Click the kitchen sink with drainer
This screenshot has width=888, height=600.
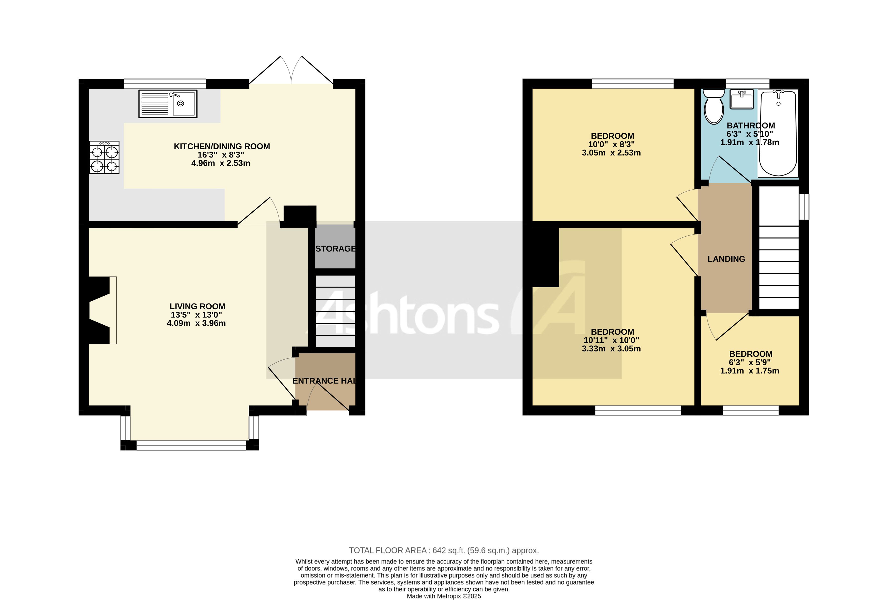[x=168, y=104]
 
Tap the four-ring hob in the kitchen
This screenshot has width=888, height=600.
[x=104, y=157]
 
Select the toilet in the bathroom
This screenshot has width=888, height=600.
[x=714, y=107]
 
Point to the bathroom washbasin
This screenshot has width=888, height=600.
[x=742, y=99]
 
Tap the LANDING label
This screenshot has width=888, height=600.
[x=726, y=259]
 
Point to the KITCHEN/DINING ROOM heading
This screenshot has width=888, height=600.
[x=222, y=146]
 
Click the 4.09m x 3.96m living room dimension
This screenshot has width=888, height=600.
[x=196, y=323]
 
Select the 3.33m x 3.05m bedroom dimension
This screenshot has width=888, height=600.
[x=611, y=348]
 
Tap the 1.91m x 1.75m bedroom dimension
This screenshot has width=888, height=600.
[x=749, y=370]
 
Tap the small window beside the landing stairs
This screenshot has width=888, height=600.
[x=804, y=207]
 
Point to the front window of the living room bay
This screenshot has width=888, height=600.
[x=191, y=445]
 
